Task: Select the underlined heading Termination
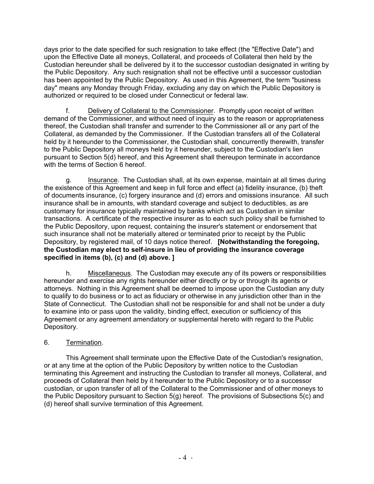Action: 83,342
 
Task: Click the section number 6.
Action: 47,342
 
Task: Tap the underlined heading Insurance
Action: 102,180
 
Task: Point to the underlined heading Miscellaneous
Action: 109,273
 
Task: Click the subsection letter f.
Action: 68,111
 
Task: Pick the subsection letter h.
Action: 68,273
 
